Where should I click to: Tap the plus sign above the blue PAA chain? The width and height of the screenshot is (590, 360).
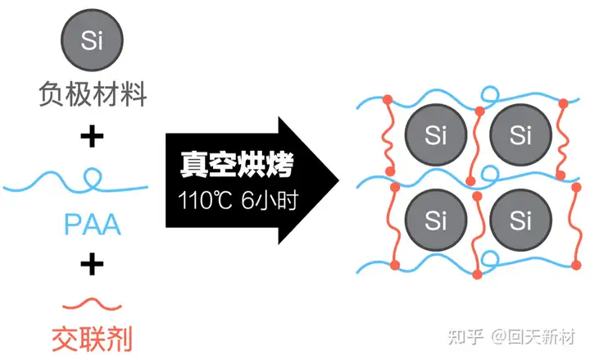[92, 137]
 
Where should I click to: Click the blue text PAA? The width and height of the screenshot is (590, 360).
[92, 223]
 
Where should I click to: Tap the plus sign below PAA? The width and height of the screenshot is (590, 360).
[92, 263]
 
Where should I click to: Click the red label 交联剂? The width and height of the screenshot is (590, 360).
[92, 337]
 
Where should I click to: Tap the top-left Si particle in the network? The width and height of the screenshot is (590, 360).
[437, 134]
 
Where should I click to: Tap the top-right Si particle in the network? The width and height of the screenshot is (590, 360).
[520, 134]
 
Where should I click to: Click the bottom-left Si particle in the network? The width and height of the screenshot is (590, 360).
[437, 220]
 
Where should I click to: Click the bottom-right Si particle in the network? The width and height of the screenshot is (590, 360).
[520, 220]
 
